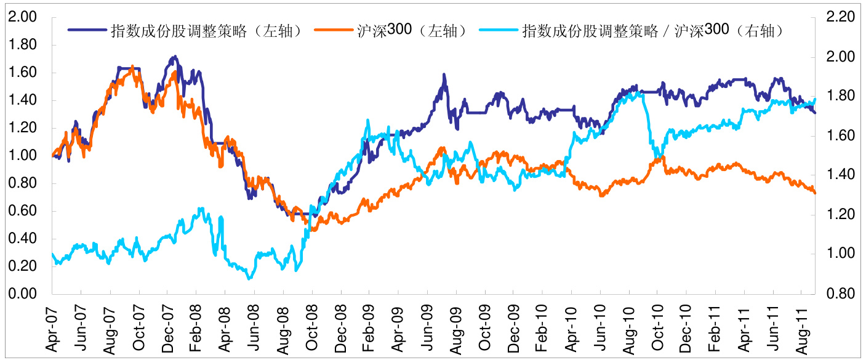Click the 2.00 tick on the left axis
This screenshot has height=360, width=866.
[x=22, y=17]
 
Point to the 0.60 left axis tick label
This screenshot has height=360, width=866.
[x=22, y=211]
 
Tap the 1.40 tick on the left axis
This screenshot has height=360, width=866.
[x=22, y=100]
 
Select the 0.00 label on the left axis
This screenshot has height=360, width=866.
[x=22, y=294]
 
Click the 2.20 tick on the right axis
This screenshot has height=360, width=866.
[x=841, y=17]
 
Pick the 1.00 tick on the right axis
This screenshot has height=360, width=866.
[x=841, y=254]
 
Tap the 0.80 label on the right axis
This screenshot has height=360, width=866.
[x=841, y=294]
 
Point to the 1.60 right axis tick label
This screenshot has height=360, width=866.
[x=841, y=136]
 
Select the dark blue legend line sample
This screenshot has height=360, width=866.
[x=86, y=29]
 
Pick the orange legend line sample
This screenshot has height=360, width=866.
[x=333, y=29]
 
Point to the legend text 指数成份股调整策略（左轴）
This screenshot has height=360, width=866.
[x=206, y=30]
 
